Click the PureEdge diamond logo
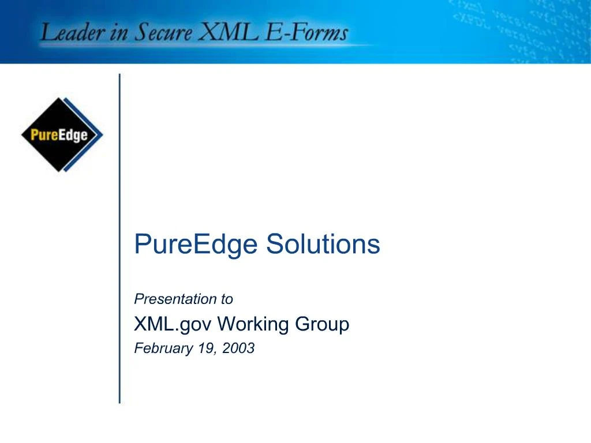(x=62, y=135)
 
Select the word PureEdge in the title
(x=196, y=245)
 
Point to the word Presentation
(x=171, y=299)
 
